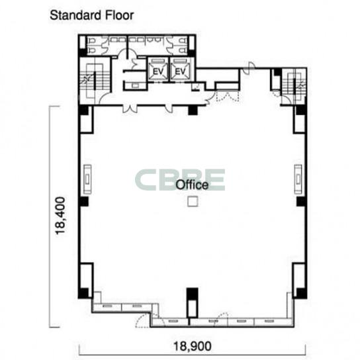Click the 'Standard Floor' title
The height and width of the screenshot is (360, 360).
91,16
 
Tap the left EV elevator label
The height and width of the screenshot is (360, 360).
158,71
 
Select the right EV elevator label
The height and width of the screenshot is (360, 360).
180,71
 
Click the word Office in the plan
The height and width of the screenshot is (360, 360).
192,185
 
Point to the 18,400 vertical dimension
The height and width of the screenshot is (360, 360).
60,215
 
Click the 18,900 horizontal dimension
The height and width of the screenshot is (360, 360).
193,346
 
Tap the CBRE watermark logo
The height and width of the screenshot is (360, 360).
180,180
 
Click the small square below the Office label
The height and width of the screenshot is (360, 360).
193,201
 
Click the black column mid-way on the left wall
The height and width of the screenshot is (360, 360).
83,201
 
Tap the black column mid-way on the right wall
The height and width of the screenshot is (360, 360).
301,201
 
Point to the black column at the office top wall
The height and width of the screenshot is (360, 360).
193,111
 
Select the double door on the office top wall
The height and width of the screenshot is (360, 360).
130,109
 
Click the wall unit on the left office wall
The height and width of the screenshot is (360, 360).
87,179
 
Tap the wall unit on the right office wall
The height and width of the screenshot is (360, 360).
298,179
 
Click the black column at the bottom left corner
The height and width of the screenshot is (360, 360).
83,293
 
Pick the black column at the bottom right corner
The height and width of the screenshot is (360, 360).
301,293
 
